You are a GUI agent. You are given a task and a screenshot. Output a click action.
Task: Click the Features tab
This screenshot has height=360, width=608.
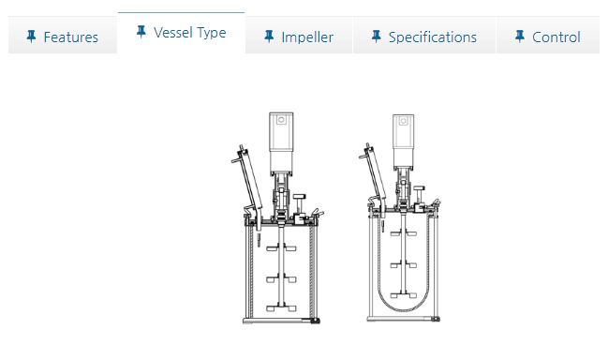63,36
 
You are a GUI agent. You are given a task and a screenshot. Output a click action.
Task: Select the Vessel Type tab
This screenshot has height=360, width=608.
182,33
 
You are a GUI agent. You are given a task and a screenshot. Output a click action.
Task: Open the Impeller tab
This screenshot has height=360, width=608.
299,36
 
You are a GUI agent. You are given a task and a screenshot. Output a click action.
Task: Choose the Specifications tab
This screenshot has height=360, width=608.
424,36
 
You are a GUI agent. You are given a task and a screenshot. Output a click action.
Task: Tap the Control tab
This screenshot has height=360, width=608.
548,36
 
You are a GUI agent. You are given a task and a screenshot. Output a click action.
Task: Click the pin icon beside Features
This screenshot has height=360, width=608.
32,37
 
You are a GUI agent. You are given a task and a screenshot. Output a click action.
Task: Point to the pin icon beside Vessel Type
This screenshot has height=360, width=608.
141,32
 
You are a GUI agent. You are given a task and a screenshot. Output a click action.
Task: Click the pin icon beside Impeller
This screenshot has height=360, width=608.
269,37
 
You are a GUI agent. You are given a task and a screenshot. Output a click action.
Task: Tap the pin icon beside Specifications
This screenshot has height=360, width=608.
376,37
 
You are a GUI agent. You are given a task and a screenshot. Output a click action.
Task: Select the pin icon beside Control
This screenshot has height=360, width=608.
520,37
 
